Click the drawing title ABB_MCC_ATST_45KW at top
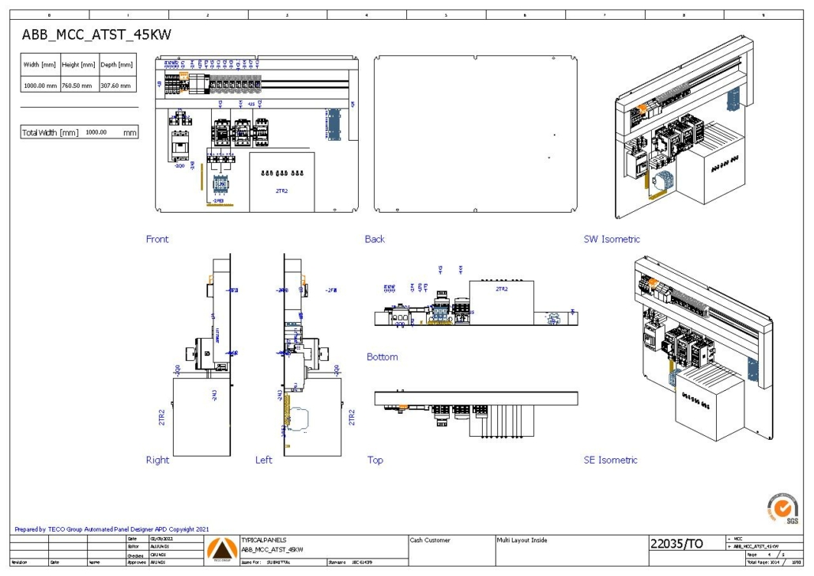[x=96, y=35]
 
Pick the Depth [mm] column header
[x=116, y=64]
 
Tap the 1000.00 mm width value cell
[x=40, y=85]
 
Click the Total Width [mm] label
[x=50, y=133]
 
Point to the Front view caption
[x=157, y=239]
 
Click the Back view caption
[x=375, y=239]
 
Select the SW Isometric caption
[x=611, y=239]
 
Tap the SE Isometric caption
[x=610, y=460]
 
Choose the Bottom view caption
[x=383, y=357]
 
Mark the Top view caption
[x=375, y=460]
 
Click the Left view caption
[x=264, y=460]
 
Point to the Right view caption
[x=157, y=460]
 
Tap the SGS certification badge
[x=782, y=507]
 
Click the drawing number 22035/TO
[x=676, y=544]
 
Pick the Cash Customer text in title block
[x=430, y=540]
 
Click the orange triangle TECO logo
[x=220, y=548]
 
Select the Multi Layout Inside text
[x=522, y=540]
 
